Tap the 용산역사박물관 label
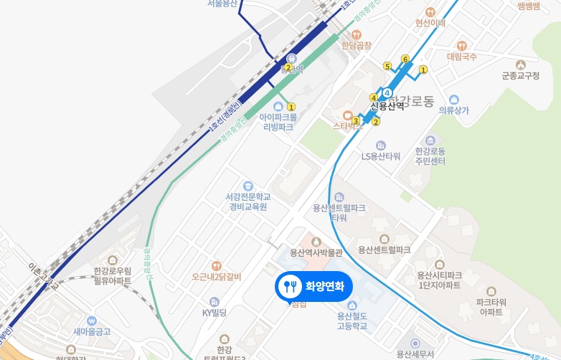[x=316, y=252]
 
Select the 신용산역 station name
[x=387, y=106]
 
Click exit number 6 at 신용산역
[x=405, y=59]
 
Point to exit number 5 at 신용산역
[x=387, y=67]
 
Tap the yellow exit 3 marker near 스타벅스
[x=356, y=121]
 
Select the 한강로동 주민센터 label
[x=430, y=156]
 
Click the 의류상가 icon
[x=453, y=99]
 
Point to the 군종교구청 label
[x=520, y=75]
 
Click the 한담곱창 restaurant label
[x=357, y=45]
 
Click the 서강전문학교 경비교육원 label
[x=247, y=201]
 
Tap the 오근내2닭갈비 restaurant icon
[x=217, y=266]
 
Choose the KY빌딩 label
[x=214, y=312]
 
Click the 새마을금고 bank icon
[x=91, y=321]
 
